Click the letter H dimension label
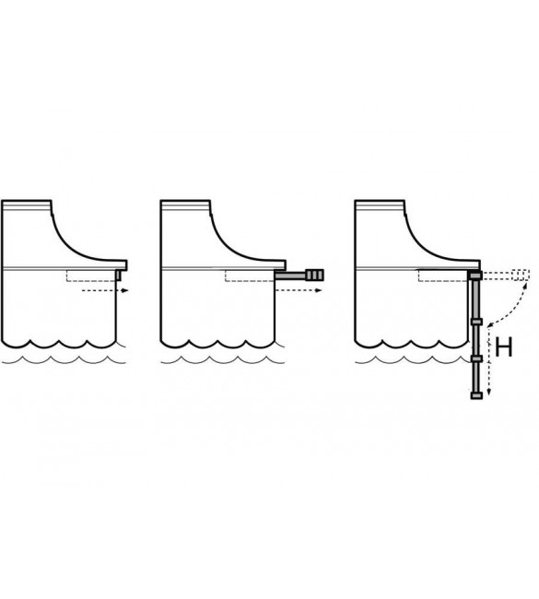503,347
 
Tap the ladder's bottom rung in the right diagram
476,395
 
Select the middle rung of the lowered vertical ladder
476,358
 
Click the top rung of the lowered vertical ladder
476,322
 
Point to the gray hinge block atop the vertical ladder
475,275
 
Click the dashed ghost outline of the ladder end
521,275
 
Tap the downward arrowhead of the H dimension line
489,393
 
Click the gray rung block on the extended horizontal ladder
314,275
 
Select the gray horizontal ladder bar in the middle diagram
291,275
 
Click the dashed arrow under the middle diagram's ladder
299,290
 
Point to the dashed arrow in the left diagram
105,290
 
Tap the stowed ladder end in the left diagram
119,275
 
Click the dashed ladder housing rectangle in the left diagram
91,276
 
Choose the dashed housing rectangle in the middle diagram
250,276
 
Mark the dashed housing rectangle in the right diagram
443,276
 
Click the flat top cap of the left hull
27,206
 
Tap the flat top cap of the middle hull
185,206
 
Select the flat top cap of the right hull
380,206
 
